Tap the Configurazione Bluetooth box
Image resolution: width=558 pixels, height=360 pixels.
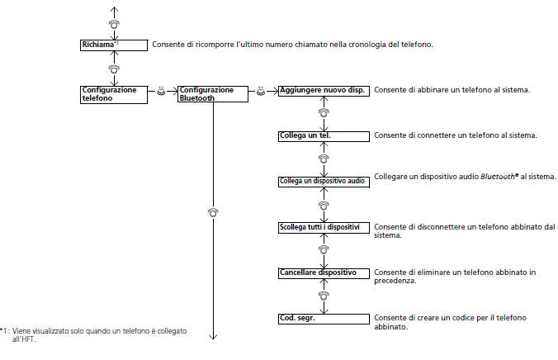point(212,92)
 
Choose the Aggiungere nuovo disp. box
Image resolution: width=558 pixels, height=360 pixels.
point(324,89)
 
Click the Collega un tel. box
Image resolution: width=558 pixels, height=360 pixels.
point(324,135)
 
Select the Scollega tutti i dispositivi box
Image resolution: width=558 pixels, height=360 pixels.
point(324,226)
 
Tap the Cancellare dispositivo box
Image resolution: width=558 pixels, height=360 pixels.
point(324,272)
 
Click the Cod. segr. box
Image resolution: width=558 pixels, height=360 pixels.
point(324,318)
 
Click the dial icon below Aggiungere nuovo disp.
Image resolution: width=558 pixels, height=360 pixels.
point(324,112)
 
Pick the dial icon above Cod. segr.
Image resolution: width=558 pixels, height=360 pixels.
point(324,295)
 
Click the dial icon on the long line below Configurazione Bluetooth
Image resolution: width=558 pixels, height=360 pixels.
point(213,212)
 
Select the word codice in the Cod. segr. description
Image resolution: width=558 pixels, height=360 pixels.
point(459,318)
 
